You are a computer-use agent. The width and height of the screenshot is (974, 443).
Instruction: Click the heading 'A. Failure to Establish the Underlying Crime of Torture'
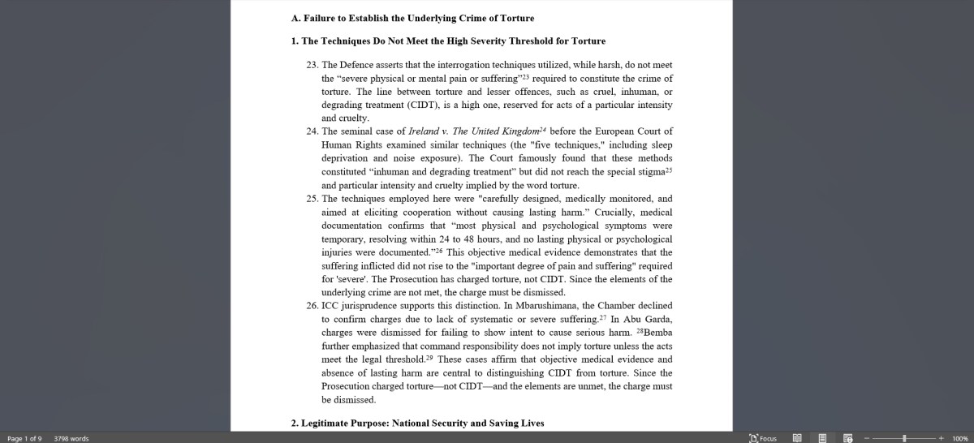pos(412,18)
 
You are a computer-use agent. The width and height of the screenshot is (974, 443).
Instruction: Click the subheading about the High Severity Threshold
pos(448,41)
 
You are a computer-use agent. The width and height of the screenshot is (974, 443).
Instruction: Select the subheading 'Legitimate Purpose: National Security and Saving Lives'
pos(417,423)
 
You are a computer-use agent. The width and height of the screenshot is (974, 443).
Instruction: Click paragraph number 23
pos(312,65)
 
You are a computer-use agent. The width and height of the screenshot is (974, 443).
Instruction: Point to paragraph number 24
pos(312,131)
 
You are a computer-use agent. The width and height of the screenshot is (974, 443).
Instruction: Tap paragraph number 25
pos(312,199)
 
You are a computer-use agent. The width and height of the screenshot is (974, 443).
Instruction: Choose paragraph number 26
pos(312,306)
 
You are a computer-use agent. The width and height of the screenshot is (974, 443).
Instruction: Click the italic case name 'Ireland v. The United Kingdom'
pos(473,131)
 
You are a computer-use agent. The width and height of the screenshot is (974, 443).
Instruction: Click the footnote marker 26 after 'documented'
pos(438,251)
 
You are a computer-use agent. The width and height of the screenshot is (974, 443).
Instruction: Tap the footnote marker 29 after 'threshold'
pos(429,358)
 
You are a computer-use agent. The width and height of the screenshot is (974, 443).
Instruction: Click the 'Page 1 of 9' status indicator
pos(24,438)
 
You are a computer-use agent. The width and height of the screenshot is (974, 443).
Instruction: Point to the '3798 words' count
pos(71,438)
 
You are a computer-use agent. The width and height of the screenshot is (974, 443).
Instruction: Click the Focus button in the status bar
pos(763,438)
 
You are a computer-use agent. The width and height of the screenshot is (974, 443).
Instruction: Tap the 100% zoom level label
pos(959,438)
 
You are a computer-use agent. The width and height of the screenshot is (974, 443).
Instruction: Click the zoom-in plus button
pos(941,438)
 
